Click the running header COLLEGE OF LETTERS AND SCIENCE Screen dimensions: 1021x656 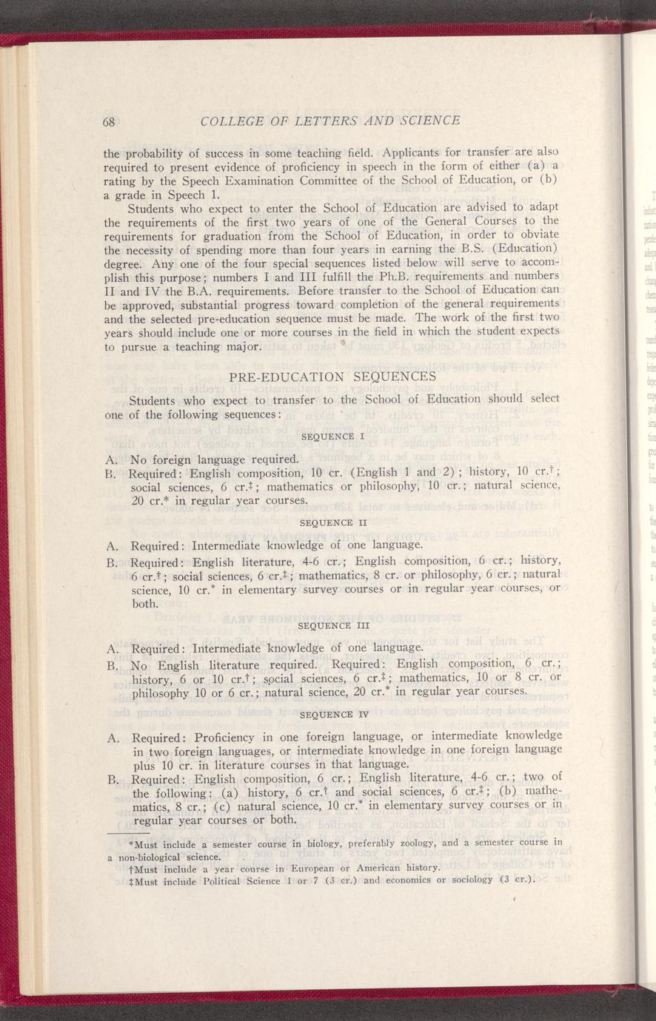[x=330, y=120]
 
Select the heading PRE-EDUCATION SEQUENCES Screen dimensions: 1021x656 [x=332, y=377]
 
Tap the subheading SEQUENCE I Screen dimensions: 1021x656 [x=332, y=437]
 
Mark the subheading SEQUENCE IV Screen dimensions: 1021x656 [x=332, y=715]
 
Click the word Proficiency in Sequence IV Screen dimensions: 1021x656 [x=226, y=736]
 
